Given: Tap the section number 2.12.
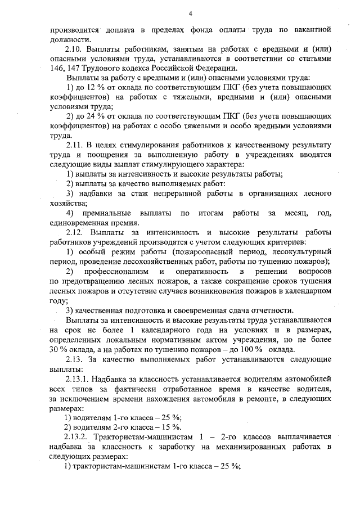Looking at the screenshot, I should coord(75,232).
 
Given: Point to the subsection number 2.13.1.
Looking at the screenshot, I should coord(78,377).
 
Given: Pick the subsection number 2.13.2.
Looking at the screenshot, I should coord(78,437).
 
